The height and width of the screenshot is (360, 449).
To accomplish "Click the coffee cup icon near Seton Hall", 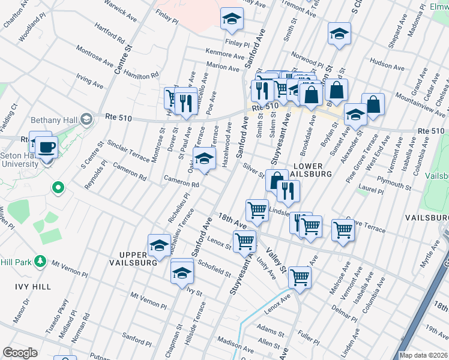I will click(x=45, y=146).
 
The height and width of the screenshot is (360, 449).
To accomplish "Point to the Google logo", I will click(x=20, y=353).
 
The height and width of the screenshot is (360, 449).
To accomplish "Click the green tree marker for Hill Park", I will click(x=40, y=261).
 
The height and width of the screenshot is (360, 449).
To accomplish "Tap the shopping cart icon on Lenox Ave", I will click(x=300, y=278).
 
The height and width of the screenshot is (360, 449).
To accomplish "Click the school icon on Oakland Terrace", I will click(x=204, y=160).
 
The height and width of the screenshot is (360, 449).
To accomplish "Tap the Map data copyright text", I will click(x=423, y=355).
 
